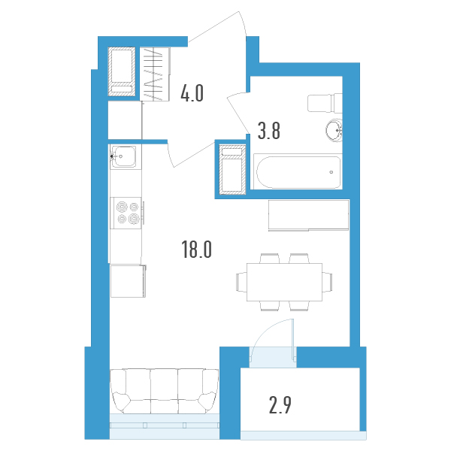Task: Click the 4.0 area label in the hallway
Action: coord(192,93)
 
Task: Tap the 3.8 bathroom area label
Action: coord(268,131)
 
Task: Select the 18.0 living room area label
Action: coord(197,250)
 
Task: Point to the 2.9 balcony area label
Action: coord(280,405)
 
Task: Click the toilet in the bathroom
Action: coord(325,103)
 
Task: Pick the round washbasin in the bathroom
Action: coord(334,130)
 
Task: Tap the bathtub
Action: coord(298,172)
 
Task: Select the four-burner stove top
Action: coord(126,213)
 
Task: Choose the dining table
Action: coord(284,282)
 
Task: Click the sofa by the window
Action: coord(164,391)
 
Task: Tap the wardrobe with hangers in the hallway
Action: coord(154,74)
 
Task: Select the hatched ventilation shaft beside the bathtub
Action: coord(232,170)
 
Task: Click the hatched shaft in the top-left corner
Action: coord(122,71)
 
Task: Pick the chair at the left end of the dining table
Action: coord(241,282)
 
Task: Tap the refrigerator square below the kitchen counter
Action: coord(128,281)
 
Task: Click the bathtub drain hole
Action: coord(331,172)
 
